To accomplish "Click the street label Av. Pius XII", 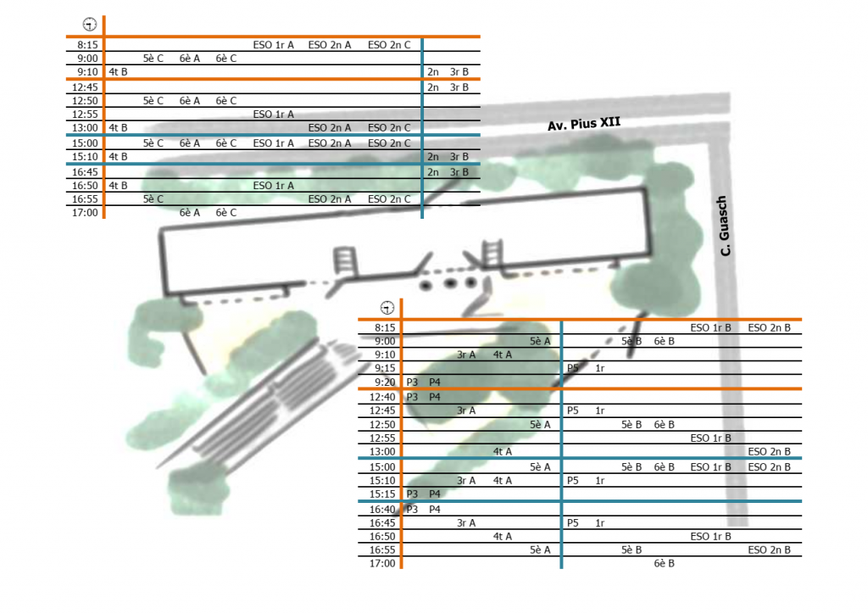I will [x=584, y=124].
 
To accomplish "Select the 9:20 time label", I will [x=384, y=382].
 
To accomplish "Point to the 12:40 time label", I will [x=383, y=397].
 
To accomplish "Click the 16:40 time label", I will [x=383, y=510].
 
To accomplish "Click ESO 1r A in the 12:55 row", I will [x=273, y=114].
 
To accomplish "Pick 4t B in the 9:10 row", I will [x=118, y=72].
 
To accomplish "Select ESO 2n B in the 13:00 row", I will [x=769, y=452].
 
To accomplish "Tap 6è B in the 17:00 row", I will [x=664, y=563].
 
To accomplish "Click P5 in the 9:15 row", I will [x=573, y=369].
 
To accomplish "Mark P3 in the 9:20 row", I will [x=413, y=382].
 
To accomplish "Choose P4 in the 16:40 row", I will [x=434, y=510].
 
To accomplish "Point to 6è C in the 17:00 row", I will [x=225, y=213].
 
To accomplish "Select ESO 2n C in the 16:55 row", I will [x=389, y=199].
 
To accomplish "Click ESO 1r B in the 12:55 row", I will [x=711, y=438].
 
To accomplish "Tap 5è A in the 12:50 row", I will [x=540, y=424].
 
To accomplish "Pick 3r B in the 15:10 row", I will [x=459, y=157].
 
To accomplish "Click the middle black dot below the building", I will [x=450, y=283].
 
